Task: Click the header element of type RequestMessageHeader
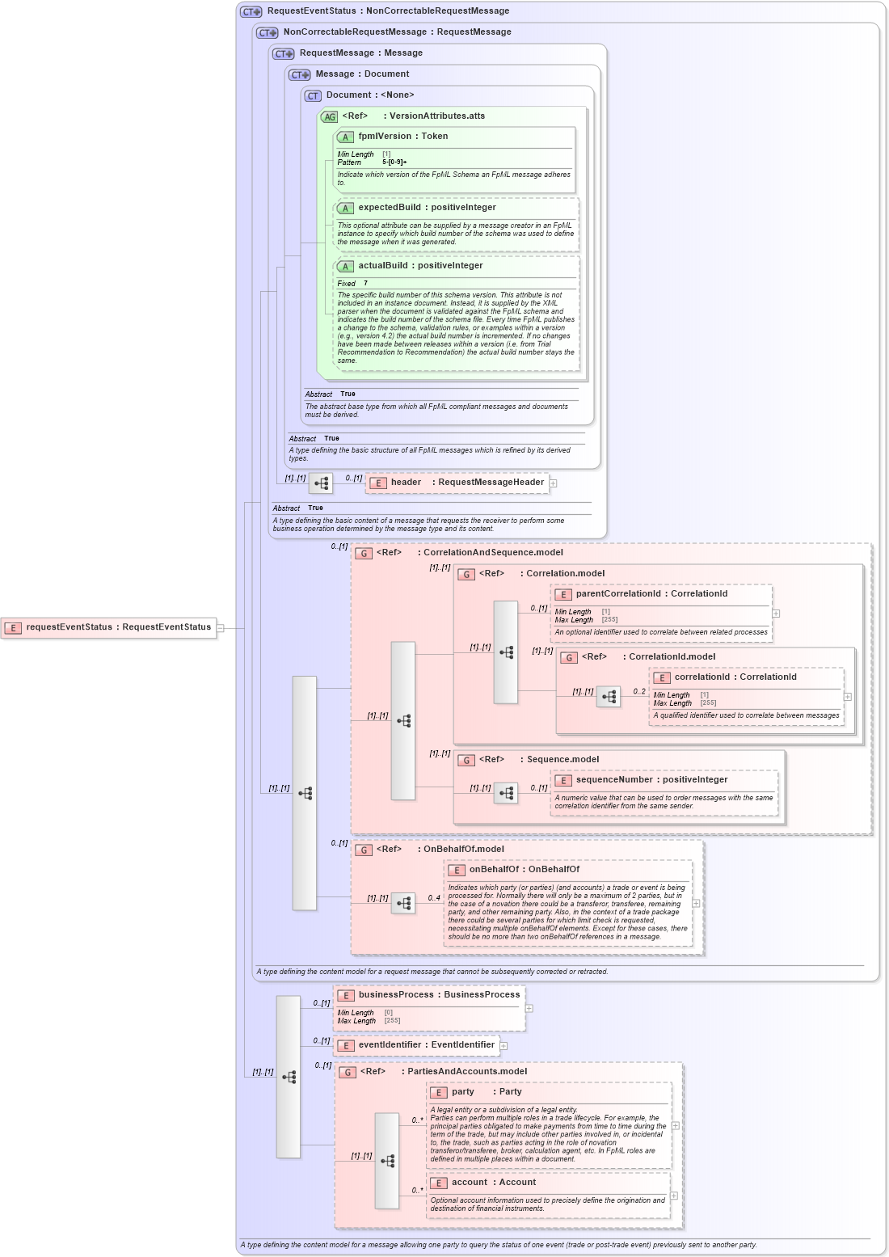406,483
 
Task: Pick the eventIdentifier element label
392,1045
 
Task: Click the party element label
463,1092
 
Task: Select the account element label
470,1183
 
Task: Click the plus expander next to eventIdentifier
503,1046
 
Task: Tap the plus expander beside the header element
554,483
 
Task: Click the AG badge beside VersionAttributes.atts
329,117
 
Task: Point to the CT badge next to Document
313,96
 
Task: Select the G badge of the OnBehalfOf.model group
364,850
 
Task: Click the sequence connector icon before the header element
321,483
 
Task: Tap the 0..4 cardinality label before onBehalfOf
434,898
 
